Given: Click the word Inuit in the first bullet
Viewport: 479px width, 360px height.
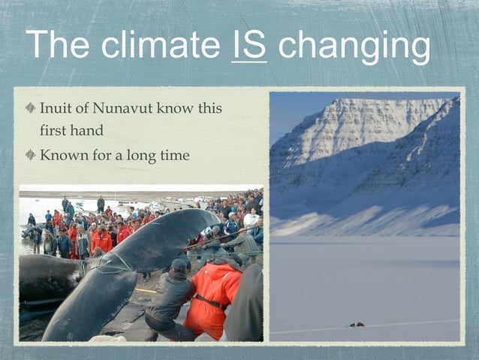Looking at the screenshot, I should [56, 108].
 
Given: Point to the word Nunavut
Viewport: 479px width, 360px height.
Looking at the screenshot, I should [132, 108].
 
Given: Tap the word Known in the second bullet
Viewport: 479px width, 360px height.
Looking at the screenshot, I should [62, 155].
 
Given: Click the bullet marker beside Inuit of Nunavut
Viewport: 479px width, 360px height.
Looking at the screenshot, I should [30, 108].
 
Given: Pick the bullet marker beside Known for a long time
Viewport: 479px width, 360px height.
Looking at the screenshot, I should [30, 155].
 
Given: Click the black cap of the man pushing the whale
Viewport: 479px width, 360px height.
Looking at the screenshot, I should [179, 265].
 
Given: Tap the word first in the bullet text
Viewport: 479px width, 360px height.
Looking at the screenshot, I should [53, 130].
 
